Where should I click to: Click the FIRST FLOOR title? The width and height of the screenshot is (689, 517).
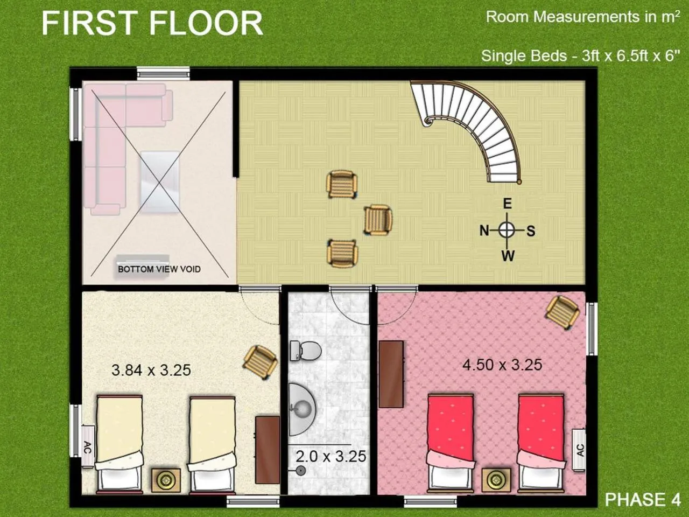(152, 24)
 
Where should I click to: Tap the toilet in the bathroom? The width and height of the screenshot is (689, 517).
(305, 351)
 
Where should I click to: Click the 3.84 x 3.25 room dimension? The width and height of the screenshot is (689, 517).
(151, 370)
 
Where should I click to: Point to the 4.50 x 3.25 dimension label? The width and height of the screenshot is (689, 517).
(502, 365)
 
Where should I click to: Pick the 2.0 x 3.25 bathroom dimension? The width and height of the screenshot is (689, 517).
(331, 456)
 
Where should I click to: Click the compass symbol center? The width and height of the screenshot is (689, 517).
(507, 230)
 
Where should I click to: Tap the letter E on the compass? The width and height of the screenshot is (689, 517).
(507, 204)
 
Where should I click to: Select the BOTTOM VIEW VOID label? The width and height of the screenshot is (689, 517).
(159, 269)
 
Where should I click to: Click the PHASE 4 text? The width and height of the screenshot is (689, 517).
(642, 499)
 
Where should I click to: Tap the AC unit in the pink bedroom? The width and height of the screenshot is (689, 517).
(580, 451)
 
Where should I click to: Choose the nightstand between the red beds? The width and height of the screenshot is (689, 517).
(495, 480)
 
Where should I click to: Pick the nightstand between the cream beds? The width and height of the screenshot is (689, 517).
(165, 480)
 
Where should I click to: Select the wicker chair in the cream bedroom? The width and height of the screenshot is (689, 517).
(261, 361)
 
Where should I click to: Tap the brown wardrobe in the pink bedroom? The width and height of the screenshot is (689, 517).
(391, 374)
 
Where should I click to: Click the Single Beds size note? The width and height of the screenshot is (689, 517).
(580, 55)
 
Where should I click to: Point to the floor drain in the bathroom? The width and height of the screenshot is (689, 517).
(300, 471)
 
